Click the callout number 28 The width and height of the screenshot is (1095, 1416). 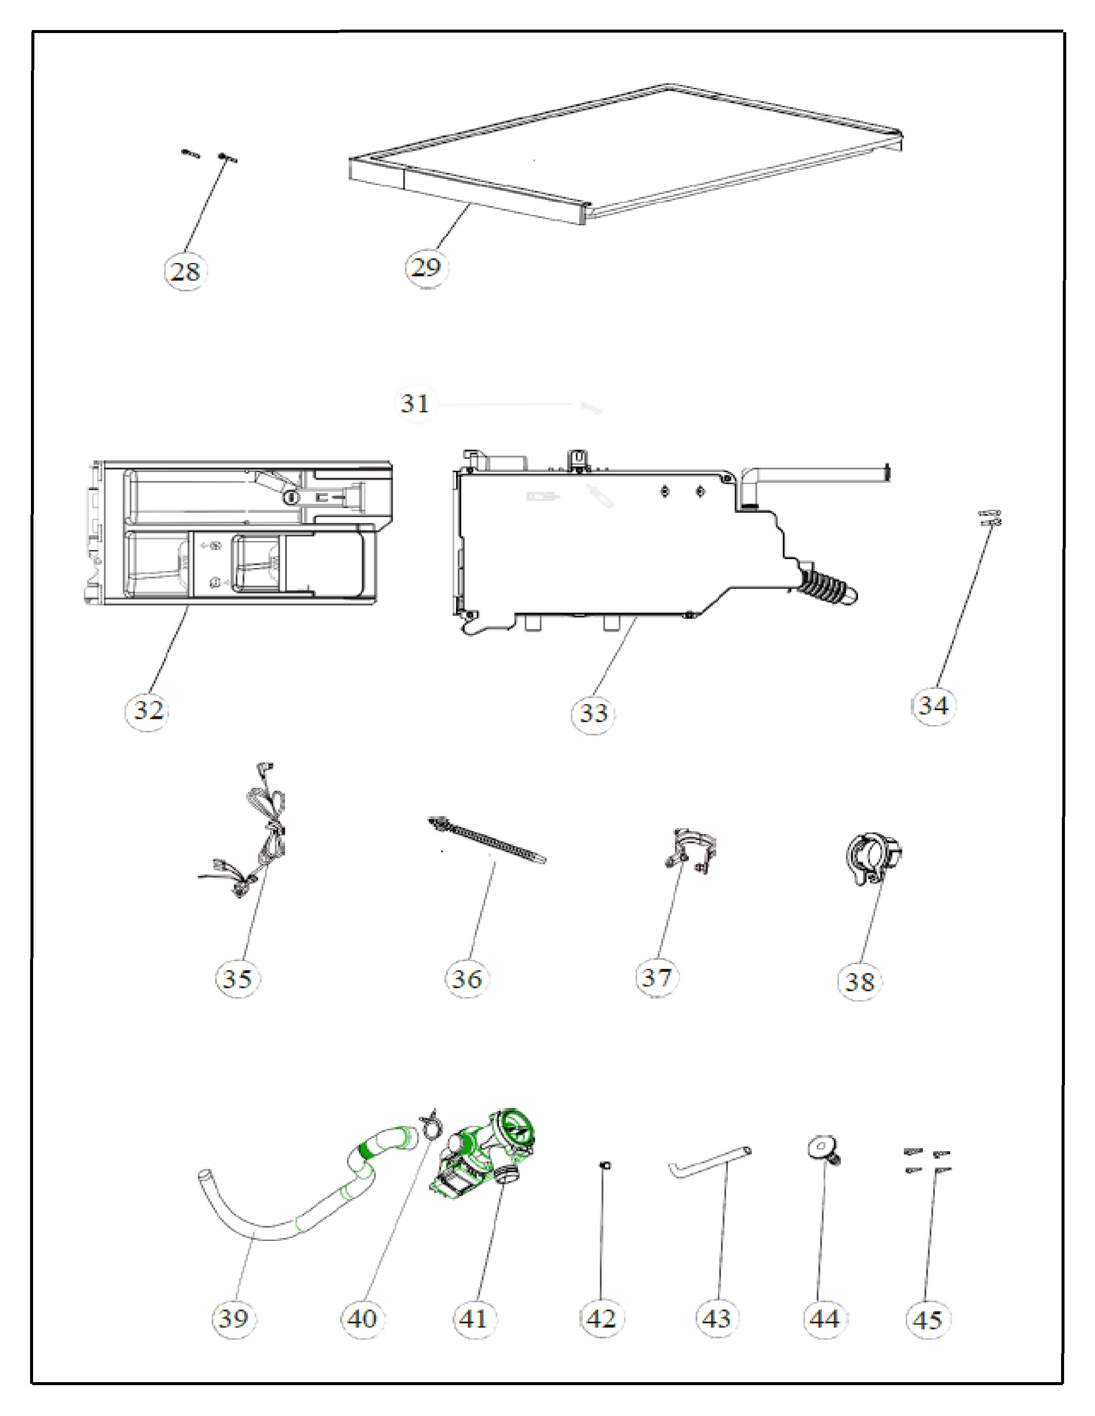(185, 271)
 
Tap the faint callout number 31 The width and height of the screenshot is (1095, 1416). (415, 404)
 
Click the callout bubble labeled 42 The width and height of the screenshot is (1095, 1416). (601, 1319)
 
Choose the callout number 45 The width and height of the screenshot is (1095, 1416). (928, 1320)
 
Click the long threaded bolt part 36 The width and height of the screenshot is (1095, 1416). (487, 840)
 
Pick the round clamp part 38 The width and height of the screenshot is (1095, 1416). (873, 858)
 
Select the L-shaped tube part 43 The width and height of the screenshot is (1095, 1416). (710, 1162)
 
